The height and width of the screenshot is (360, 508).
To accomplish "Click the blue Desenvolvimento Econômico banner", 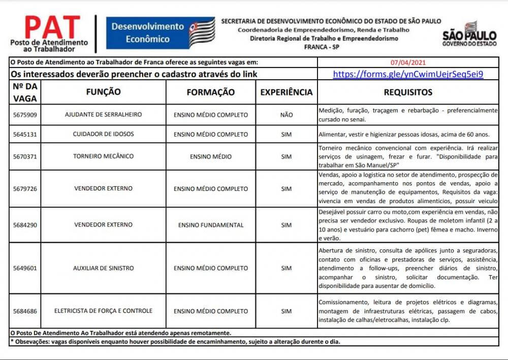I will click(x=160, y=33).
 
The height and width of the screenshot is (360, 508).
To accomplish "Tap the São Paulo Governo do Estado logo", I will click(x=469, y=35).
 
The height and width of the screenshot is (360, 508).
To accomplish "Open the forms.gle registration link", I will click(x=408, y=74).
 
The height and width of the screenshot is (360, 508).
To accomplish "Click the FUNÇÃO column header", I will click(x=103, y=92).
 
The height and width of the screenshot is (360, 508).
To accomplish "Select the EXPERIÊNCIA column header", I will click(x=286, y=92).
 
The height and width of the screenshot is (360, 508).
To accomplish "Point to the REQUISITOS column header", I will click(x=408, y=92).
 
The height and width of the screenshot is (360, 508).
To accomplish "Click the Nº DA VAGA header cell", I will click(x=25, y=92).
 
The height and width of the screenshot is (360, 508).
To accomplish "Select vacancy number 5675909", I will click(x=25, y=115).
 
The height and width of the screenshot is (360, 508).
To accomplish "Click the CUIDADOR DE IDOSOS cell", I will click(x=103, y=135).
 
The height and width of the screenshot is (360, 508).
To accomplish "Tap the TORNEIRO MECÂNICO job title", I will click(x=103, y=156).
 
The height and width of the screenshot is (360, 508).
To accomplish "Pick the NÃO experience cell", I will click(x=286, y=115).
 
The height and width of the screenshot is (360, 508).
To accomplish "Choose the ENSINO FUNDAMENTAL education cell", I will click(x=211, y=225).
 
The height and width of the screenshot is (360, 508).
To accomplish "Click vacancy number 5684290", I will click(x=25, y=225).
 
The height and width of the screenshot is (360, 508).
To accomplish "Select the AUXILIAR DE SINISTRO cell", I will click(x=103, y=268).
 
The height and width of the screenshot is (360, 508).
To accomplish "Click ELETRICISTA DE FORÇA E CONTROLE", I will click(x=103, y=311).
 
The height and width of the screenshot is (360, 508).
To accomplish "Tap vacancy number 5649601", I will click(x=25, y=268).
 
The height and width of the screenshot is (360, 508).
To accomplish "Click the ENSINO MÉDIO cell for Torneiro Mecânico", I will click(x=211, y=156).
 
